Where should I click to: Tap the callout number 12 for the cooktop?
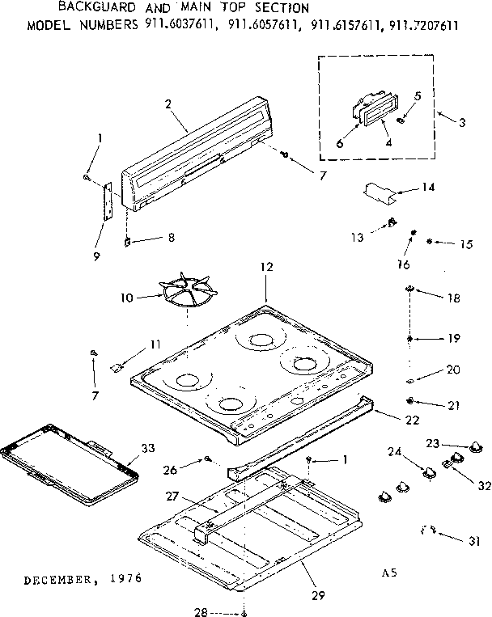click(268, 267)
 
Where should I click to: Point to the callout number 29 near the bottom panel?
click(318, 596)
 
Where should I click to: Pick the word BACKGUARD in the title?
click(90, 8)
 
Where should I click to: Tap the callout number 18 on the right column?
click(452, 298)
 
